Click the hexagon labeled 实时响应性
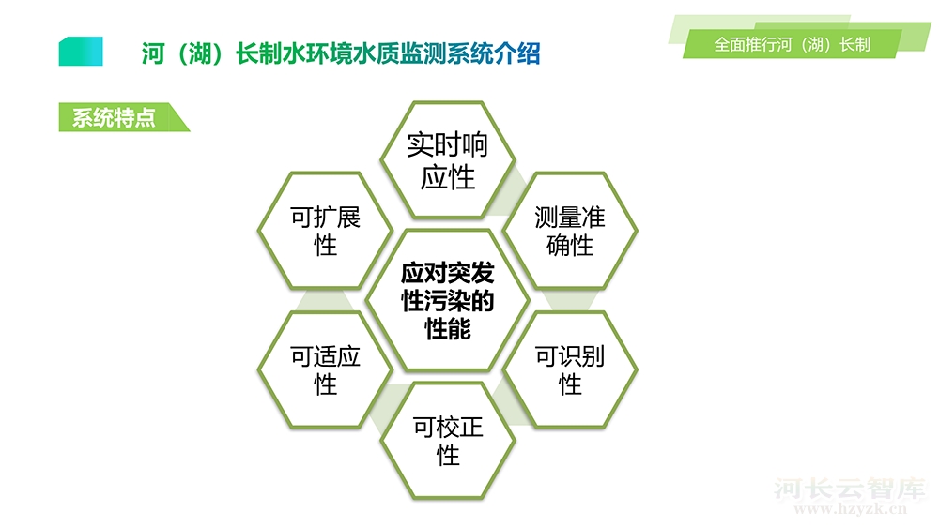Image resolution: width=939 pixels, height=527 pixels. [x=448, y=160]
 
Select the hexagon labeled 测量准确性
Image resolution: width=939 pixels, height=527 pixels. [x=570, y=231]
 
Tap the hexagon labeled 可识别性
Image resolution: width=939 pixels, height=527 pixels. [x=570, y=369]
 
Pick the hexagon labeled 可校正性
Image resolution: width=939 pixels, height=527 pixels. [x=448, y=441]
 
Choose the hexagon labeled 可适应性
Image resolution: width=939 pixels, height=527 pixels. [x=325, y=369]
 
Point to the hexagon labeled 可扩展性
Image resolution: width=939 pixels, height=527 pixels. [x=325, y=231]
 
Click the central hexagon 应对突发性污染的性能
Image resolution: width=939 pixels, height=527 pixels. [x=448, y=300]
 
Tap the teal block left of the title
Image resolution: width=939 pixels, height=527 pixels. [x=81, y=52]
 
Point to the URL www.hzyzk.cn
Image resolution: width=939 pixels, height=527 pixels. [x=851, y=509]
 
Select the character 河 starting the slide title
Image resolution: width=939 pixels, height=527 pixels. [x=153, y=53]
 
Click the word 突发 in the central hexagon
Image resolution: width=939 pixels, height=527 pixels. [x=470, y=273]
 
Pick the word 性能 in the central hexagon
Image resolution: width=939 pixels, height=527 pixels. [x=448, y=328]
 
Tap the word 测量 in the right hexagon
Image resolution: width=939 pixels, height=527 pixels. [x=558, y=218]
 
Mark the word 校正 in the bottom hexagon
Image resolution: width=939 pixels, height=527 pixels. [x=459, y=427]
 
